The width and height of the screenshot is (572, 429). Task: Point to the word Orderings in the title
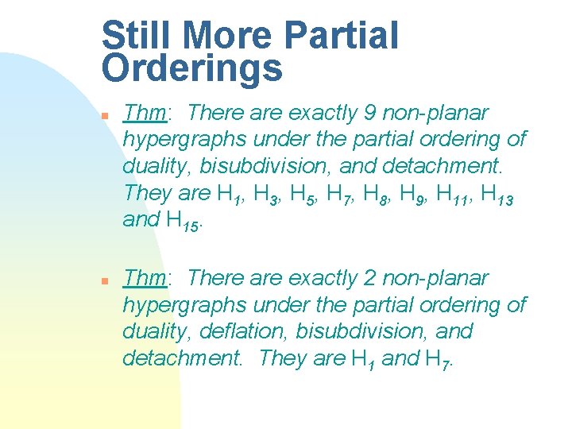click(x=192, y=68)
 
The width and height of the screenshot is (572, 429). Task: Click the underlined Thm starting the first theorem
click(x=144, y=113)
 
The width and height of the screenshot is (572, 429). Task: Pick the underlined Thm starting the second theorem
click(x=144, y=278)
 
